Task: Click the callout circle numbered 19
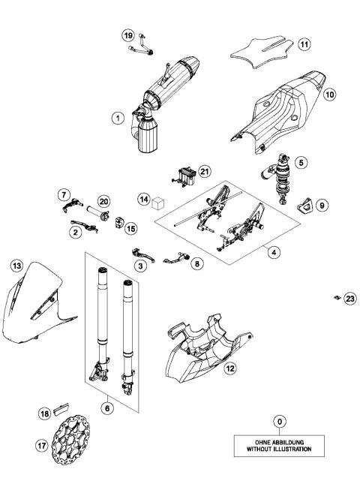coord(128,35)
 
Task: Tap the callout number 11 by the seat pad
coord(304,44)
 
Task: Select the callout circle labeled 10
coord(331,95)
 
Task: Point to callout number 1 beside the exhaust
coord(116,118)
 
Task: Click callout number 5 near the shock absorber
coord(301,162)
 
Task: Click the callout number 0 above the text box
coord(279,422)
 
